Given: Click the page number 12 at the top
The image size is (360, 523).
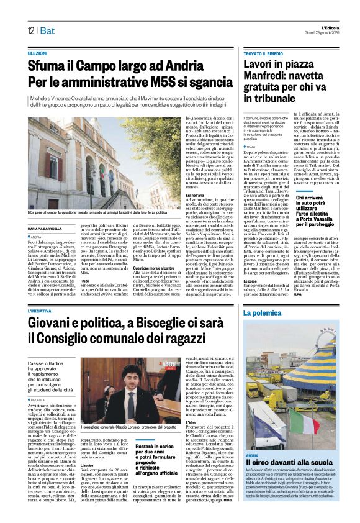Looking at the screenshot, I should tap(31, 30).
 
